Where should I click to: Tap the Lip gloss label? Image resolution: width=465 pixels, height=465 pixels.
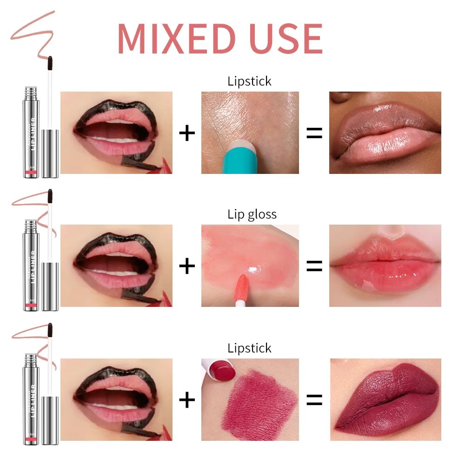click(x=252, y=214)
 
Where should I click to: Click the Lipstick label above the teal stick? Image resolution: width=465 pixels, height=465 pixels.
click(x=249, y=81)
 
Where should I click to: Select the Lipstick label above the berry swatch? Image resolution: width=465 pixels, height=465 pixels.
click(x=249, y=348)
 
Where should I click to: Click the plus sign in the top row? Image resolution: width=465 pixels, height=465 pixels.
click(x=187, y=133)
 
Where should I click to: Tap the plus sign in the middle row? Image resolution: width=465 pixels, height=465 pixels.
click(x=187, y=266)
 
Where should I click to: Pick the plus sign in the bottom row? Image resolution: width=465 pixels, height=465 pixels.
click(x=187, y=400)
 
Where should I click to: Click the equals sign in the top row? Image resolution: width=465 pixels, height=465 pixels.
click(x=314, y=133)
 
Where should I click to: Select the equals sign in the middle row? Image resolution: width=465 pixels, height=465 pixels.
click(x=314, y=266)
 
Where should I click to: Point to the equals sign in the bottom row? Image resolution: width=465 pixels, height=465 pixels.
click(x=314, y=400)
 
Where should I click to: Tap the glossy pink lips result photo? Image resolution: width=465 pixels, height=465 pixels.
click(x=385, y=266)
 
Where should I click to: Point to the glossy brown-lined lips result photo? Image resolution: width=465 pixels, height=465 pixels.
click(x=385, y=133)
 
